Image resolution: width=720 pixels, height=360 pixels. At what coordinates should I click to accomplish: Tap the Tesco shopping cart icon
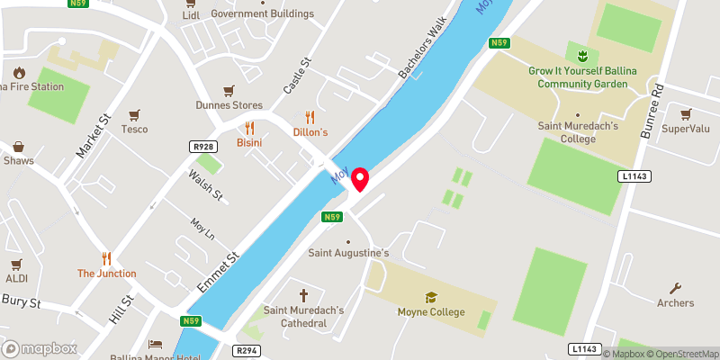click(x=134, y=114)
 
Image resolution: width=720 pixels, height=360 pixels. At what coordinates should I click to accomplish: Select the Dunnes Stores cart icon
click(x=229, y=90)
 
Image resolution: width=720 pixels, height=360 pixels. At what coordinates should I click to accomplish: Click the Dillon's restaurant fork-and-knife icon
click(x=310, y=117)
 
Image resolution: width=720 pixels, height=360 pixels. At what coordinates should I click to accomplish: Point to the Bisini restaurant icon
click(x=249, y=128)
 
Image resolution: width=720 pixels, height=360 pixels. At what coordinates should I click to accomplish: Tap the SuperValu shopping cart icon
click(x=686, y=114)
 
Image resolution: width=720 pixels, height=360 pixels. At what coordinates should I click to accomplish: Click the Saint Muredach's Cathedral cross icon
click(x=303, y=295)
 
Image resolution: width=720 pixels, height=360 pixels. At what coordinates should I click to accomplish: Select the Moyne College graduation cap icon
click(x=431, y=297)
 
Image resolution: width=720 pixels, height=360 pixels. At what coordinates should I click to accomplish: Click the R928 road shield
click(x=202, y=146)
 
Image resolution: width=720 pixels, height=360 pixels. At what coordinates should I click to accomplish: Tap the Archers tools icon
click(x=675, y=288)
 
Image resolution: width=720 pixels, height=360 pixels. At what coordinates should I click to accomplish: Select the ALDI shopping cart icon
click(x=15, y=265)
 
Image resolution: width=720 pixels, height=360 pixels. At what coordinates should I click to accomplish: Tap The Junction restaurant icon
click(x=106, y=258)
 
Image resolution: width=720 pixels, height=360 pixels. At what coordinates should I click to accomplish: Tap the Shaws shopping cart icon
click(x=18, y=146)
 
